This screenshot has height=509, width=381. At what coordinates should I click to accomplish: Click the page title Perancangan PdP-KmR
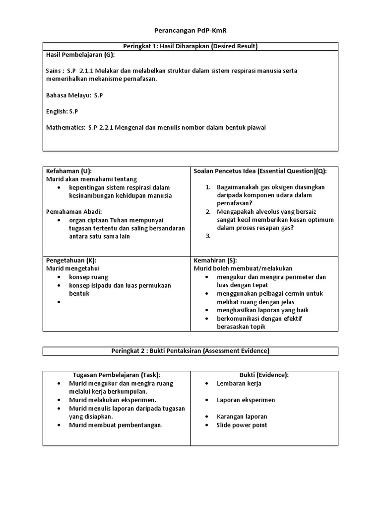pyautogui.click(x=190, y=30)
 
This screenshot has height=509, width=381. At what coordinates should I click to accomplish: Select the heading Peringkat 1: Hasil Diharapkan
pyautogui.click(x=190, y=46)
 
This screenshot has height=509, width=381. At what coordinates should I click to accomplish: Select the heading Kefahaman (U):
pyautogui.click(x=69, y=170)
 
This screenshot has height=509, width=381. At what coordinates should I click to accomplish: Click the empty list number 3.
pyautogui.click(x=208, y=236)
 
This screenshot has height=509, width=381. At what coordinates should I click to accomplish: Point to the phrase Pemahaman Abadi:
pyautogui.click(x=73, y=211)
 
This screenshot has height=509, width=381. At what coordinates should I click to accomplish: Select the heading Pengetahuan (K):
pyautogui.click(x=71, y=260)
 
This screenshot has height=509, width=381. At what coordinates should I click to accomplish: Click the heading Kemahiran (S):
pyautogui.click(x=215, y=260)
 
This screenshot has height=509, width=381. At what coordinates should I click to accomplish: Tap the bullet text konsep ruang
pyautogui.click(x=88, y=277)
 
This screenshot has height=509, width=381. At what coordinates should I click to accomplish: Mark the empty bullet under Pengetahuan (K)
pyautogui.click(x=59, y=302)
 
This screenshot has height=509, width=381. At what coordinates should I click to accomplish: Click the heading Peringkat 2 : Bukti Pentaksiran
pyautogui.click(x=190, y=351)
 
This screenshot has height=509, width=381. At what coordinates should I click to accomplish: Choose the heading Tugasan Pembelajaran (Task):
pyautogui.click(x=117, y=375)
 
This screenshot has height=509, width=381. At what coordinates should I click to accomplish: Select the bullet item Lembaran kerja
pyautogui.click(x=239, y=383)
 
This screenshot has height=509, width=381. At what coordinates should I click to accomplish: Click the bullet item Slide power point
pyautogui.click(x=242, y=425)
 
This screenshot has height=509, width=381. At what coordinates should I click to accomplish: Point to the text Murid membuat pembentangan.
pyautogui.click(x=116, y=425)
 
